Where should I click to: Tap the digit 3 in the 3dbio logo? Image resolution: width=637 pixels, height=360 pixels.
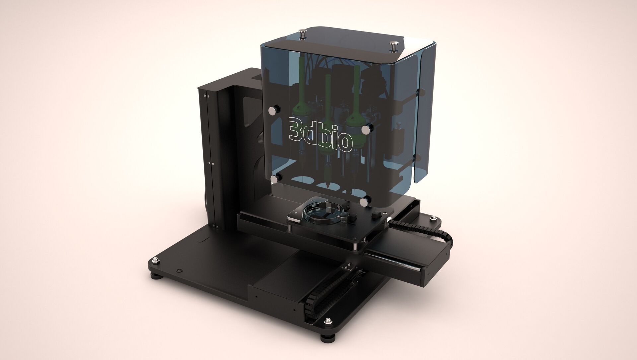click(x=294, y=128)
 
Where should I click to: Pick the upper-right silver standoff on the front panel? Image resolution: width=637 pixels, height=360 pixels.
click(x=366, y=129)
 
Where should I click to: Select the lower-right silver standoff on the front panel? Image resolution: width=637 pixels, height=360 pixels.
click(x=366, y=201)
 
